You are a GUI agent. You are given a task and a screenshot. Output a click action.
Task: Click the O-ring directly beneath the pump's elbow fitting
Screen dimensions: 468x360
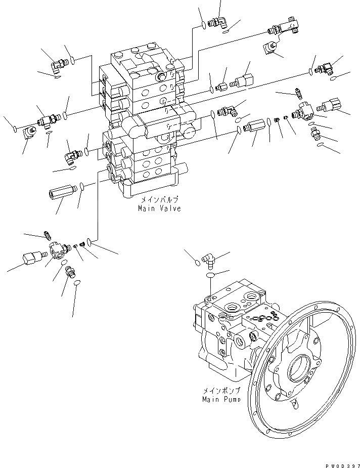pos(210,274)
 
